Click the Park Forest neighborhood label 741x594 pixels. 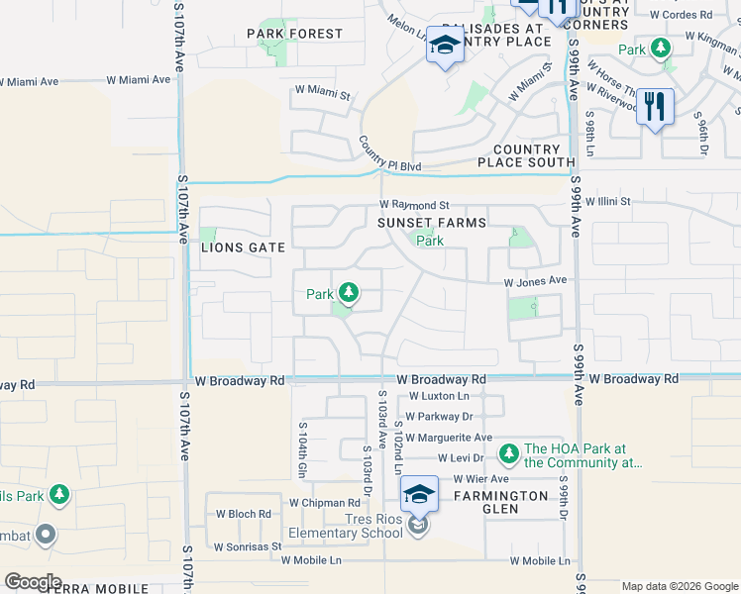294,34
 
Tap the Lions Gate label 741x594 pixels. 243,247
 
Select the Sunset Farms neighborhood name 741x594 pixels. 431,223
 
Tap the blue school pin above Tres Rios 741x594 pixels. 419,494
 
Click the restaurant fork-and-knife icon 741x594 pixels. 655,106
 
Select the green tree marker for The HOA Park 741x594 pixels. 508,453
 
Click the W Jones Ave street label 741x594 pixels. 535,282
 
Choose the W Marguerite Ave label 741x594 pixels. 448,438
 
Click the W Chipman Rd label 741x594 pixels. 328,503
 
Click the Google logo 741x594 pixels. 33,582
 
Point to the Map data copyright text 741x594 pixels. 679,586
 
